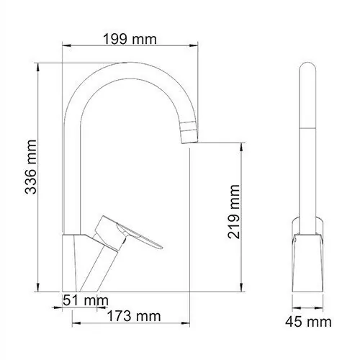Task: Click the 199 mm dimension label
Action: pos(130,39)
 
